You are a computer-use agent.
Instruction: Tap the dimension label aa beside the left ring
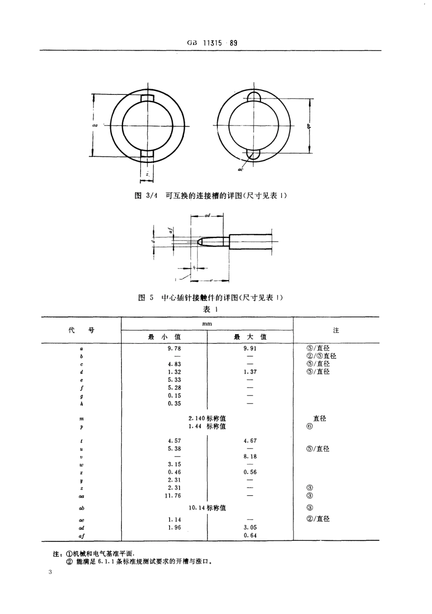95,123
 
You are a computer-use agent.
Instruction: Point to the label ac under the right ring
240,169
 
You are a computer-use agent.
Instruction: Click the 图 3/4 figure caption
211,195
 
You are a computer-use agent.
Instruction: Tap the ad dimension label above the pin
207,216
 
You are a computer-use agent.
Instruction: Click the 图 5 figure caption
211,298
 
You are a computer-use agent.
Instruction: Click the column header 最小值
164,337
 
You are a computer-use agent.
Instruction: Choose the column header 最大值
250,337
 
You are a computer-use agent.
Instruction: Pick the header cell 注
336,330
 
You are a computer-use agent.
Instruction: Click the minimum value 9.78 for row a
174,348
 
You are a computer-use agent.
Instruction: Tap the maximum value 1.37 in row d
250,371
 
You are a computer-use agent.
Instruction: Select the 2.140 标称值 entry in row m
207,418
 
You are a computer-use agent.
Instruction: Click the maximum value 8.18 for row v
250,456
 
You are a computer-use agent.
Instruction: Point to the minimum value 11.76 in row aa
173,495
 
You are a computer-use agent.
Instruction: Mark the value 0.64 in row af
250,535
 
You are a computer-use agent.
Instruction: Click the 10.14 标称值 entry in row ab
207,508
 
